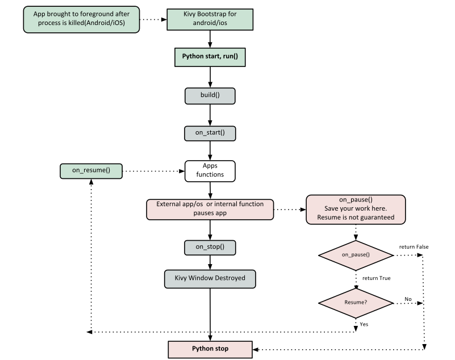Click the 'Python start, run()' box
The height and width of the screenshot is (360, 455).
210,57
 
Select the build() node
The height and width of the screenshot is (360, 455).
210,95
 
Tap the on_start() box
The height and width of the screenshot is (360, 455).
210,133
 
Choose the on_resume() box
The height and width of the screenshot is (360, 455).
91,171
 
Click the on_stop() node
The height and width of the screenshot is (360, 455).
210,248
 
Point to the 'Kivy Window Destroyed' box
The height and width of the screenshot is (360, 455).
210,279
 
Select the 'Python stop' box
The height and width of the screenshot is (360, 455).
210,349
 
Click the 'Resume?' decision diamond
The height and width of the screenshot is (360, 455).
356,302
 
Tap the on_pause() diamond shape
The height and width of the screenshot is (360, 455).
356,255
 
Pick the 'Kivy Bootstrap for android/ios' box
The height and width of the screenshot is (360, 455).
210,19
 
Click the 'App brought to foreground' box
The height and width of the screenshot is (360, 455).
81,19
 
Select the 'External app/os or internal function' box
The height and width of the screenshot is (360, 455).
210,209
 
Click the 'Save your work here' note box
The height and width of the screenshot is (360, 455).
356,209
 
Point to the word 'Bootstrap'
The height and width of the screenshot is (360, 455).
211,14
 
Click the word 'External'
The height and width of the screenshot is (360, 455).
169,204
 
